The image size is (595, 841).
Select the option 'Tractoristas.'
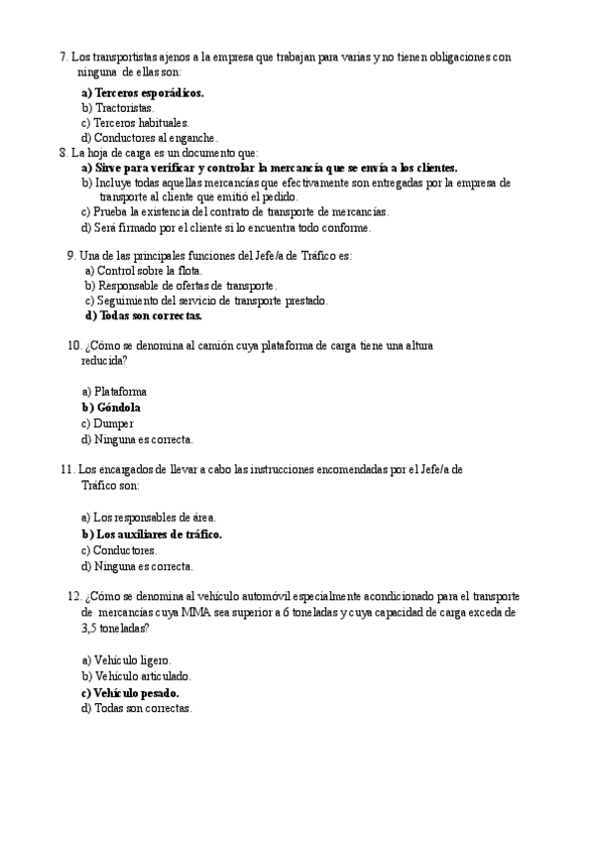(x=118, y=107)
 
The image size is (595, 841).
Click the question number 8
(x=63, y=154)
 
